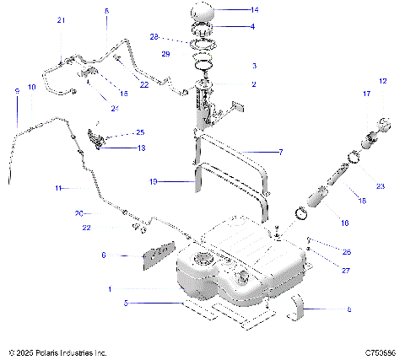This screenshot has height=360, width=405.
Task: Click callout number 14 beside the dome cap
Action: (256, 10)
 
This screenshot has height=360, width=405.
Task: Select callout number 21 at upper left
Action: (61, 19)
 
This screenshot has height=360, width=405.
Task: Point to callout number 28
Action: (178, 38)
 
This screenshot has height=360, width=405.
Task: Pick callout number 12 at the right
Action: (382, 81)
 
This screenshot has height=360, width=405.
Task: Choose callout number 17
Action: (366, 95)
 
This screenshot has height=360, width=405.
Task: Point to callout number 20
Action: (100, 212)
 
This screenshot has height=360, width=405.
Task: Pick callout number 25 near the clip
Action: (140, 132)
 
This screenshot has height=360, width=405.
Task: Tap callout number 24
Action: (115, 108)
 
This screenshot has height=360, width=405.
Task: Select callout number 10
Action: (32, 88)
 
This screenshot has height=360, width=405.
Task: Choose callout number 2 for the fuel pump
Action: (254, 84)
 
